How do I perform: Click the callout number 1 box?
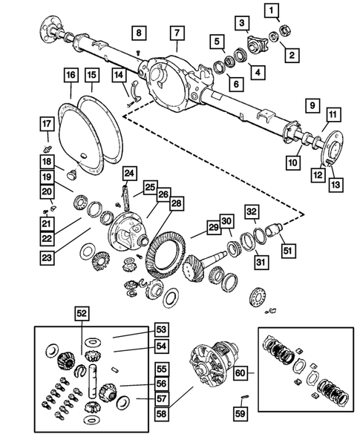[x=273, y=10]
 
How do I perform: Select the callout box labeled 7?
[x=176, y=33]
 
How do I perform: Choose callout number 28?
[x=175, y=203]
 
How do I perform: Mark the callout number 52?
[x=80, y=315]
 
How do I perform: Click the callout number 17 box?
[x=46, y=124]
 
